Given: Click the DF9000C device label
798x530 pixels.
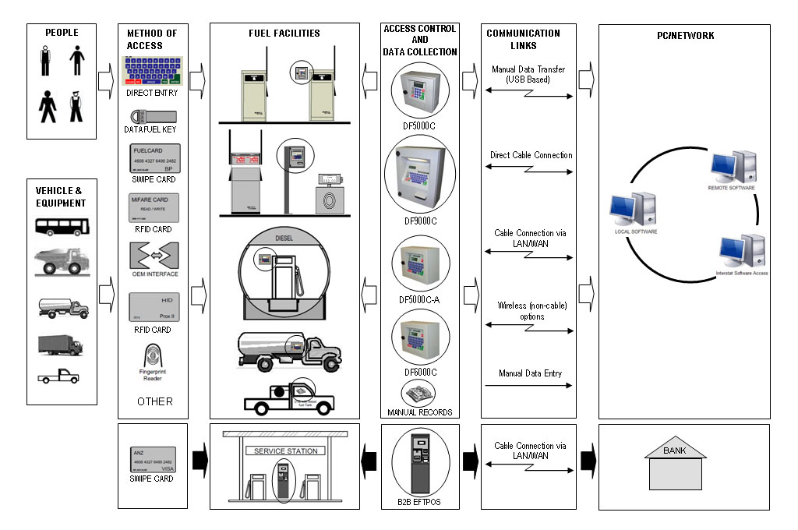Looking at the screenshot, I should click(420, 221).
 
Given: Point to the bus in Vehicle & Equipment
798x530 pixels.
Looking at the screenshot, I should click(62, 227).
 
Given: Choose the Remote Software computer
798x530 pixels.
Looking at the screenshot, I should click(729, 168).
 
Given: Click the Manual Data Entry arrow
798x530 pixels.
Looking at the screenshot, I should click(530, 385).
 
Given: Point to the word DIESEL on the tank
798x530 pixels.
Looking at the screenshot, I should click(288, 239).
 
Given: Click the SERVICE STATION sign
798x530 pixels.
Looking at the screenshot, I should click(285, 451).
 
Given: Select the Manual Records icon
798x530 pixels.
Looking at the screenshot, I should click(418, 392).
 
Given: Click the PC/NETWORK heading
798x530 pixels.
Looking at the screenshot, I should click(684, 36).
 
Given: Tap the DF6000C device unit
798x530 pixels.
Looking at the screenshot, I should click(420, 337).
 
